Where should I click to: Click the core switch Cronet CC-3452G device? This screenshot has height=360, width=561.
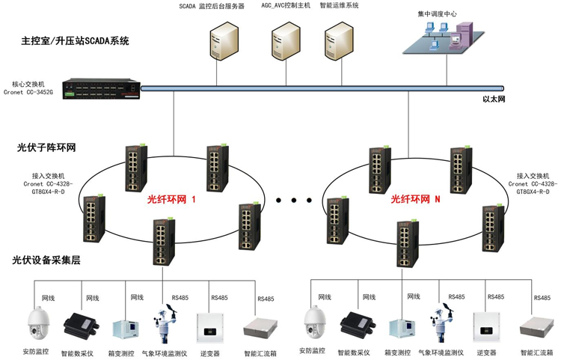[x=102, y=89]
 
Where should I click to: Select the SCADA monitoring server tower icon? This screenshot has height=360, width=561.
[x=224, y=41]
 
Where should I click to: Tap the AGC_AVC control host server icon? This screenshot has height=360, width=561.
[x=286, y=41]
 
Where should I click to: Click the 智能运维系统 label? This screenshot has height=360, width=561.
[x=339, y=5]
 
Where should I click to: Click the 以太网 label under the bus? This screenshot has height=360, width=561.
[x=494, y=99]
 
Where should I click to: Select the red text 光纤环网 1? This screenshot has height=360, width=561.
[x=171, y=199]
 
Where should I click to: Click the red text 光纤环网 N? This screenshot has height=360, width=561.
[x=415, y=199]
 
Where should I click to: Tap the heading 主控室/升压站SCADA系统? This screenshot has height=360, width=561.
[x=75, y=41]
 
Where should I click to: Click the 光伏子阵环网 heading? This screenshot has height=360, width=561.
[x=46, y=147]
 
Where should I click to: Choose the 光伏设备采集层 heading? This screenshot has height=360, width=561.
[x=46, y=260]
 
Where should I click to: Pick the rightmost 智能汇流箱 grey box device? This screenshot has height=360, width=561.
[x=536, y=327]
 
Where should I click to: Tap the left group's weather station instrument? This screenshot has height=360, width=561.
[x=165, y=324]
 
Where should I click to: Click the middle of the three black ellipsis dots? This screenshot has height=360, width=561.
[x=294, y=201]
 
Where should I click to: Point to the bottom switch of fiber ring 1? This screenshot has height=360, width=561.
[x=165, y=242]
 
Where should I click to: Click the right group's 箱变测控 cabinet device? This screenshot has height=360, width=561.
[x=402, y=329]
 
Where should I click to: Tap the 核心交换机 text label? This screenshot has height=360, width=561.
[x=28, y=84]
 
